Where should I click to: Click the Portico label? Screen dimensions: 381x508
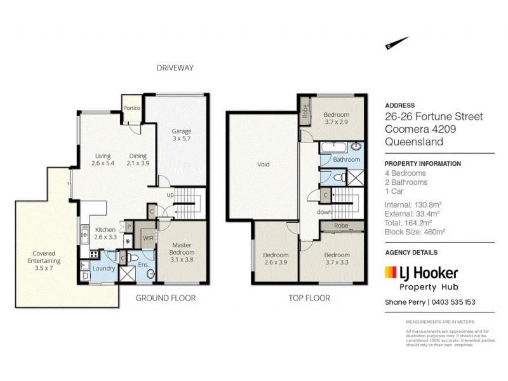pos(132,108)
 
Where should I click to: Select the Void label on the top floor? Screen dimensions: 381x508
pos(263,164)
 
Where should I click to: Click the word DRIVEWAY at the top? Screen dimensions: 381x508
pos(175,67)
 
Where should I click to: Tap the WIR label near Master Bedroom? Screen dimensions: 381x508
pos(149,239)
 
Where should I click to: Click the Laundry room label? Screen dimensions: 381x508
pos(104,269)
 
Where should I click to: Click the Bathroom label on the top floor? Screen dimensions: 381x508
pos(347,160)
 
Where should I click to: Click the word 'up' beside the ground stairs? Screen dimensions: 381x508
pos(170,194)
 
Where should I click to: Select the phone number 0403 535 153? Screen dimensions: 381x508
pos(453,302)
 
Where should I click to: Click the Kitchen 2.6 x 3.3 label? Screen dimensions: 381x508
pos(105,233)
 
